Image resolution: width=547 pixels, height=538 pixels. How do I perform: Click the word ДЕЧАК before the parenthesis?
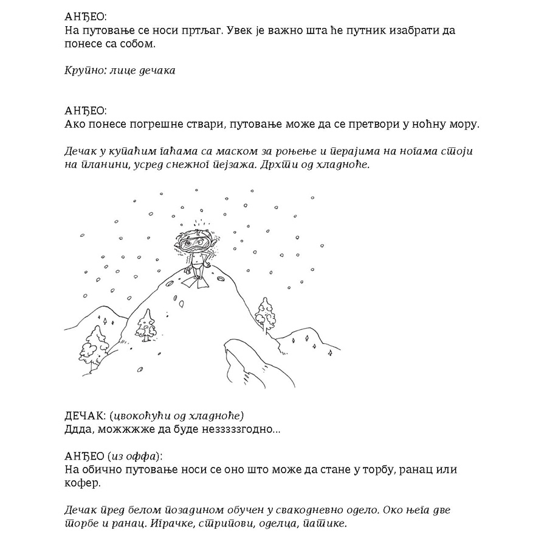(x=84, y=416)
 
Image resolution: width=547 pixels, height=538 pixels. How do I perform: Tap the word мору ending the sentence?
(x=464, y=124)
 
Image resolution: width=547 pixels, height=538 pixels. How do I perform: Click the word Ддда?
(x=78, y=429)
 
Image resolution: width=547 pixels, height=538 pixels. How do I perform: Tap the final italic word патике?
(x=327, y=523)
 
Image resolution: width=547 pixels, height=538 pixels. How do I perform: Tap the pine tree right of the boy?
(x=265, y=313)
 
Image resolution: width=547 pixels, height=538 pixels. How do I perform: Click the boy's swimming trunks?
(x=195, y=265)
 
